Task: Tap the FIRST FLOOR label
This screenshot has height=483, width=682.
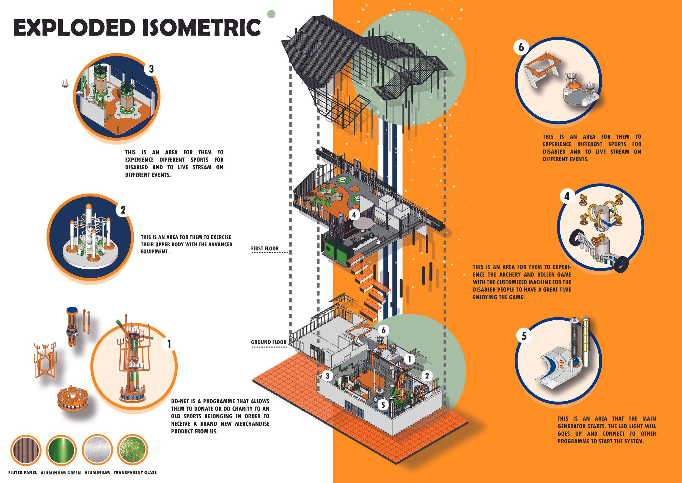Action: [265, 248]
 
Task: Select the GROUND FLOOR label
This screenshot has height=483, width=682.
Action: [269, 342]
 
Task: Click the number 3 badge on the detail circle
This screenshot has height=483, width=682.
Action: [152, 69]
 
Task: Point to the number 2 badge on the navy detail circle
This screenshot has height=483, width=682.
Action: [123, 210]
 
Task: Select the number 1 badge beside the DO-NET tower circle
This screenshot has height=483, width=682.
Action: [169, 344]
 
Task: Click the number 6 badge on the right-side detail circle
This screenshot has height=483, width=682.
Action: [521, 48]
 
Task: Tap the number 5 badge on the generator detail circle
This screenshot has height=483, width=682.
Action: [524, 336]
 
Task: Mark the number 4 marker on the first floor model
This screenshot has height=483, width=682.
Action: [354, 215]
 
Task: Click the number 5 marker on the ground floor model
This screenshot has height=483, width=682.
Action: [383, 405]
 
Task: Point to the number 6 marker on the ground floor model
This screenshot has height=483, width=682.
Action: [384, 330]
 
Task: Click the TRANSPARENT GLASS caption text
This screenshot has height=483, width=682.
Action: [135, 472]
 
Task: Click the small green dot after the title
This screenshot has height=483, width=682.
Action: [271, 14]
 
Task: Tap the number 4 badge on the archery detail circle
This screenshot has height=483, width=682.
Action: [567, 197]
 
